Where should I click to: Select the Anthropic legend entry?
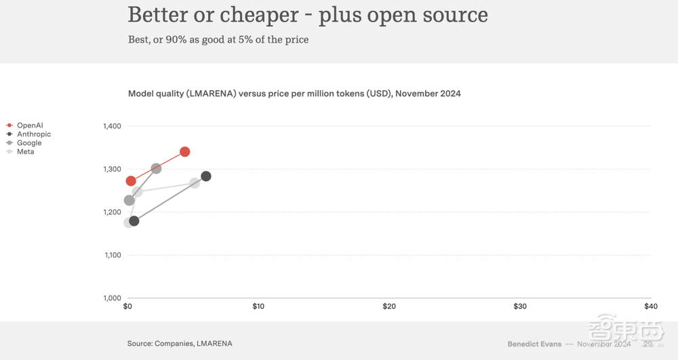[33, 134]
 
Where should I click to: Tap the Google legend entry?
[29, 143]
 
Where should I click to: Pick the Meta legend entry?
[25, 152]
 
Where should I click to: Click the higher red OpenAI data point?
[184, 152]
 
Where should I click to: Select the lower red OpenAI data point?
[131, 181]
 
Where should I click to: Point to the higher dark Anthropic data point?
[206, 176]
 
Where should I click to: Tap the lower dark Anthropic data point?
[134, 221]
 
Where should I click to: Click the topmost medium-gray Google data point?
[156, 168]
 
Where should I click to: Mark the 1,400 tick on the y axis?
[112, 126]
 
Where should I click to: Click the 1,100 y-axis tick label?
[112, 256]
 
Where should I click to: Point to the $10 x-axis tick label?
[258, 306]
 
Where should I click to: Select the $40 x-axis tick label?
[651, 306]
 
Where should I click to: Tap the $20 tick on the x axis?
[389, 306]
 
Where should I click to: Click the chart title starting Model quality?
[294, 94]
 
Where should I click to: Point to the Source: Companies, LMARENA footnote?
[180, 344]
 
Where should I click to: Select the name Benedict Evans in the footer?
[534, 344]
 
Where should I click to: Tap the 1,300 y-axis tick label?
[112, 169]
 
